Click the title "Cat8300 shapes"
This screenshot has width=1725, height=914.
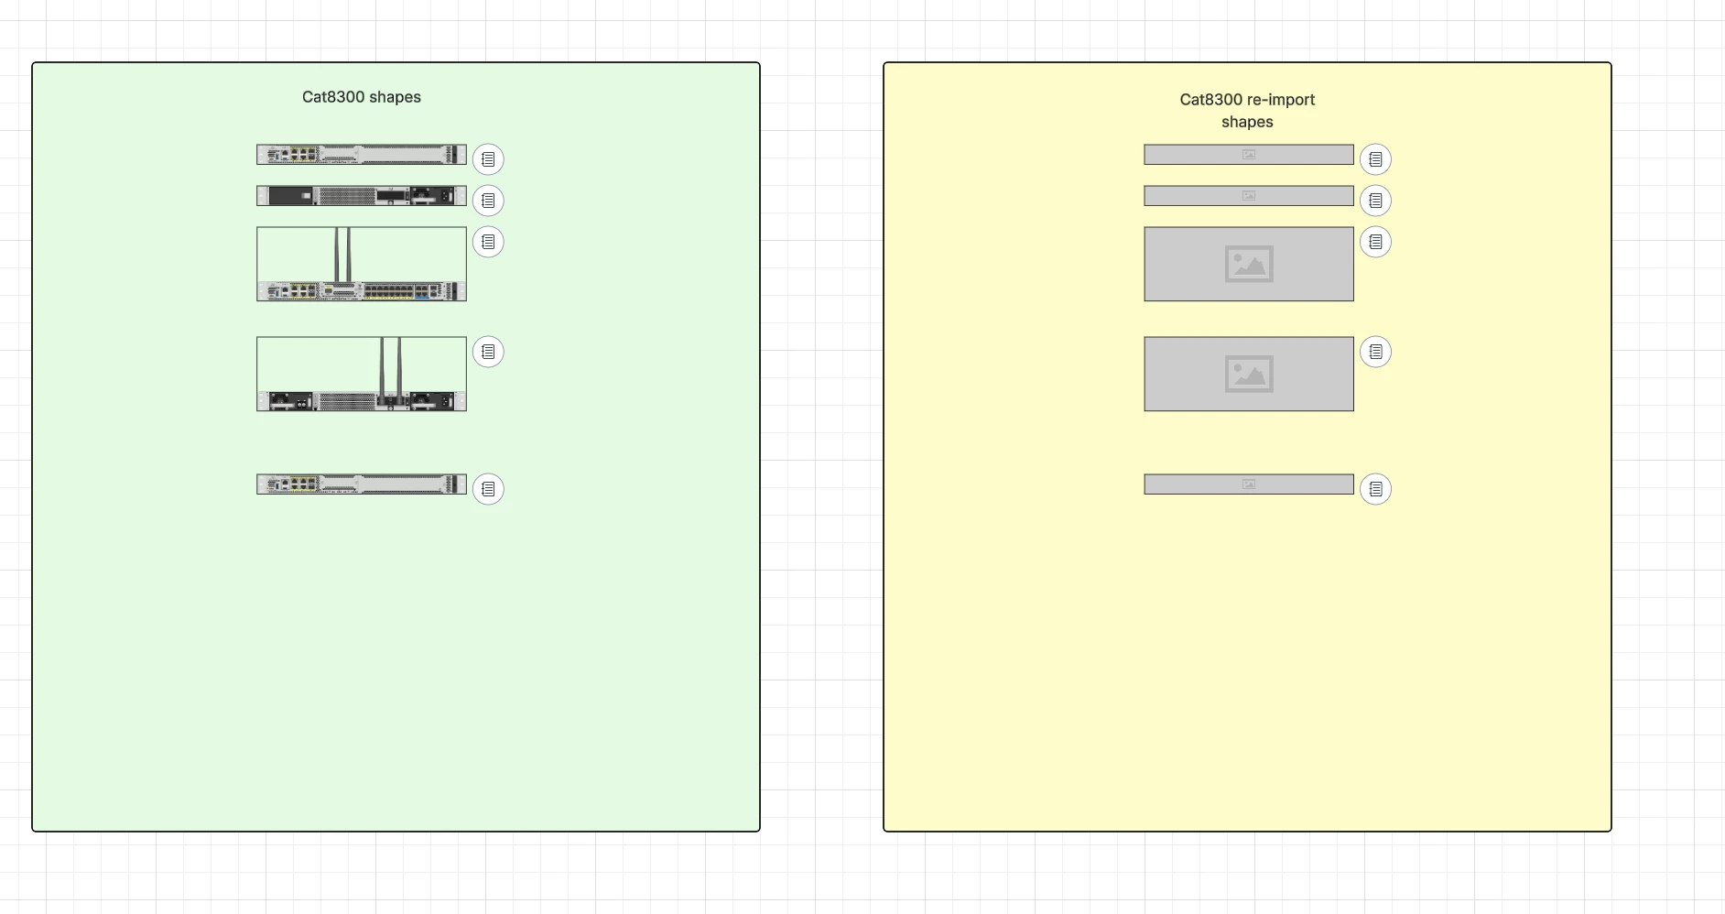[x=362, y=97]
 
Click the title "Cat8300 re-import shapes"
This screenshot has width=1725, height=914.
[x=1247, y=111]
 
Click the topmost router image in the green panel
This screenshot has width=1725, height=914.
[x=362, y=155]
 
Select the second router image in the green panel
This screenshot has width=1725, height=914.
[x=362, y=196]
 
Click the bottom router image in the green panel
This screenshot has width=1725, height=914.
[x=362, y=484]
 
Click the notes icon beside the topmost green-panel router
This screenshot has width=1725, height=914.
[x=488, y=159]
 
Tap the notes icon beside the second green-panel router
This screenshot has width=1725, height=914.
[x=488, y=201]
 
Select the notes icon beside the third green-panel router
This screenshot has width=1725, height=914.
[x=488, y=242]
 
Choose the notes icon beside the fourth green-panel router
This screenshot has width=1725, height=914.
[x=488, y=352]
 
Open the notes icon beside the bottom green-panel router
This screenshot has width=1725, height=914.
[x=488, y=489]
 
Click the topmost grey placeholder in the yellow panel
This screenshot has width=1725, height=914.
[x=1249, y=155]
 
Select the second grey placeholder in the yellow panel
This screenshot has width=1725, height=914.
[x=1249, y=196]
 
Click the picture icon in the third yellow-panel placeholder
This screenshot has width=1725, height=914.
[x=1249, y=264]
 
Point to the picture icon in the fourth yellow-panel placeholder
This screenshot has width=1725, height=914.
[x=1249, y=374]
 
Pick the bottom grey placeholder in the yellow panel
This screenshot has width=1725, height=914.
[x=1249, y=484]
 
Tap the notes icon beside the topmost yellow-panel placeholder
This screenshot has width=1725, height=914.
[x=1375, y=159]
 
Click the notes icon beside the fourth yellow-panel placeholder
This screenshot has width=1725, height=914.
[x=1375, y=352]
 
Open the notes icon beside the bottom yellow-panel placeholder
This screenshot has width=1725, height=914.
[x=1375, y=489]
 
